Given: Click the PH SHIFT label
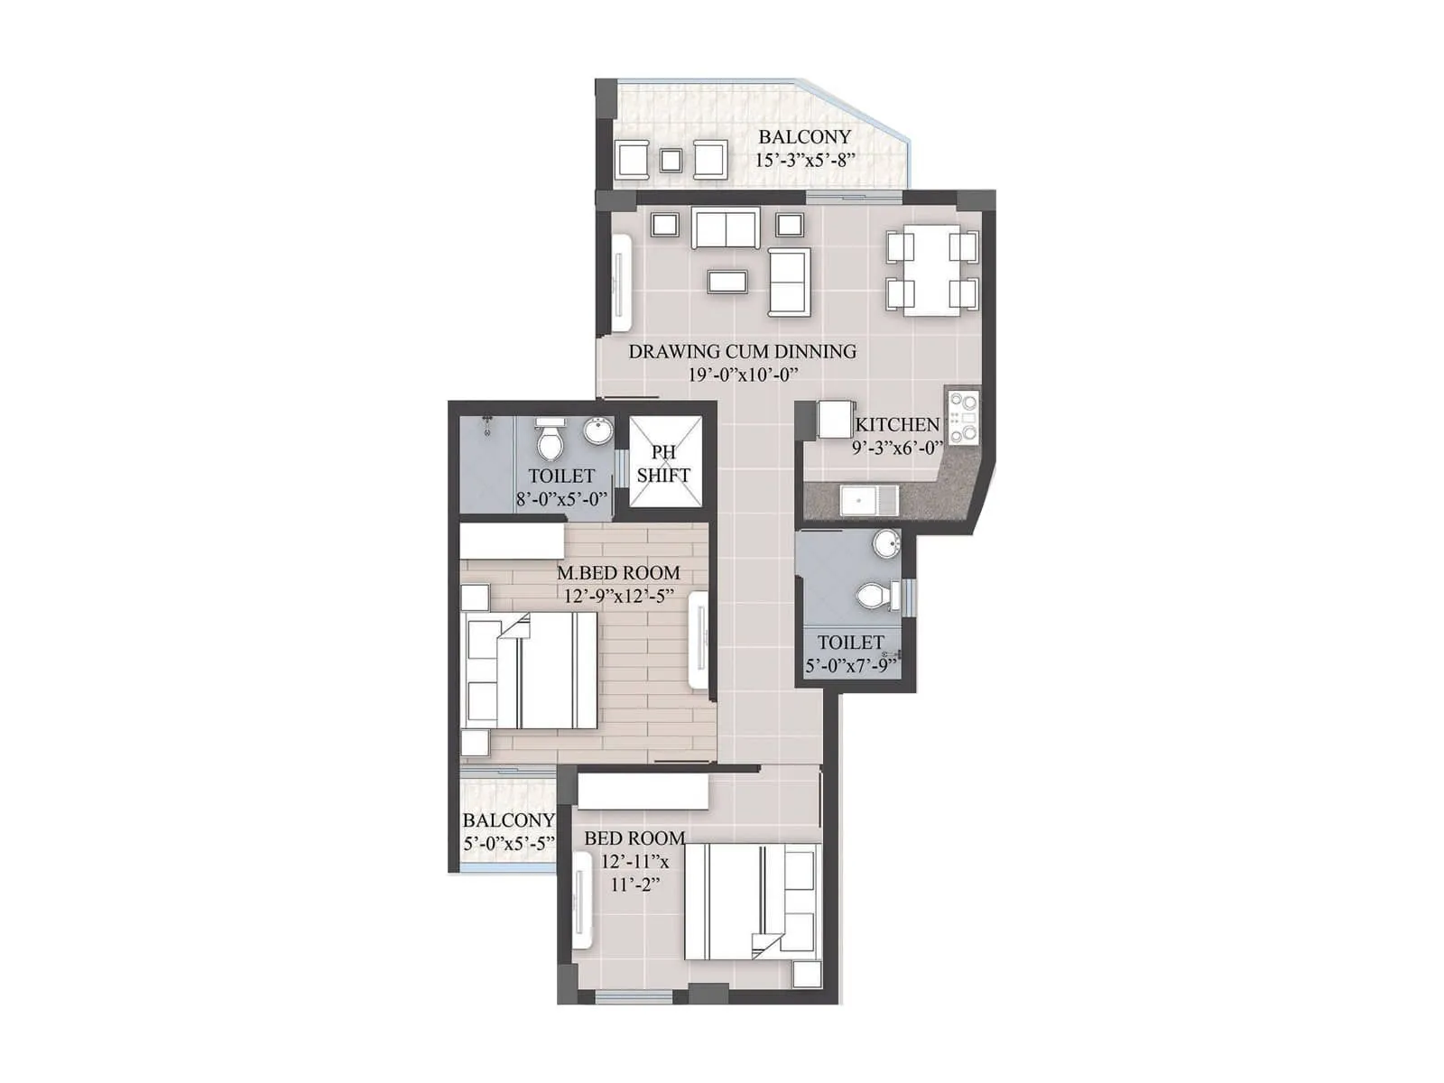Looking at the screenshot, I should pyautogui.click(x=663, y=463).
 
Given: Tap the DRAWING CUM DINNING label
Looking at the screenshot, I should pyautogui.click(x=742, y=351).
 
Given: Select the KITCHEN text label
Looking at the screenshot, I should pyautogui.click(x=897, y=424).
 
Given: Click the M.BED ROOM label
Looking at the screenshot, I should pyautogui.click(x=618, y=572).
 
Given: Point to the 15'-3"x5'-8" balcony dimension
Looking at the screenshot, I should pyautogui.click(x=805, y=161).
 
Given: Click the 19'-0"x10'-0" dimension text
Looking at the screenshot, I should pyautogui.click(x=743, y=375).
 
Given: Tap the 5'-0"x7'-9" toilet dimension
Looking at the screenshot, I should pyautogui.click(x=852, y=667).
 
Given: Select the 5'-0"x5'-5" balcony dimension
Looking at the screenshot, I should pyautogui.click(x=508, y=844).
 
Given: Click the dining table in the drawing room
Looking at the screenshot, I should pyautogui.click(x=931, y=271).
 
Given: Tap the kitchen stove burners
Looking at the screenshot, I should pyautogui.click(x=964, y=416).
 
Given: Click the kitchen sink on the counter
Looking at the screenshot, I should pyautogui.click(x=868, y=500).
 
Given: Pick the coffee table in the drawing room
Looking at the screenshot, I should pyautogui.click(x=727, y=282).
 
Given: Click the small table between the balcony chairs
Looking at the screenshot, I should pyautogui.click(x=670, y=161).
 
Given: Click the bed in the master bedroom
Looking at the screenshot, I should pyautogui.click(x=529, y=671).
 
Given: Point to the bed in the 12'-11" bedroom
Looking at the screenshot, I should pyautogui.click(x=751, y=902).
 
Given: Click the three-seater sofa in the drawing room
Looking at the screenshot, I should pyautogui.click(x=725, y=227).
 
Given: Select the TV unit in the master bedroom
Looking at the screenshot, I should pyautogui.click(x=699, y=641).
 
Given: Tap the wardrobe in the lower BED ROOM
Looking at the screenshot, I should pyautogui.click(x=643, y=791).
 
